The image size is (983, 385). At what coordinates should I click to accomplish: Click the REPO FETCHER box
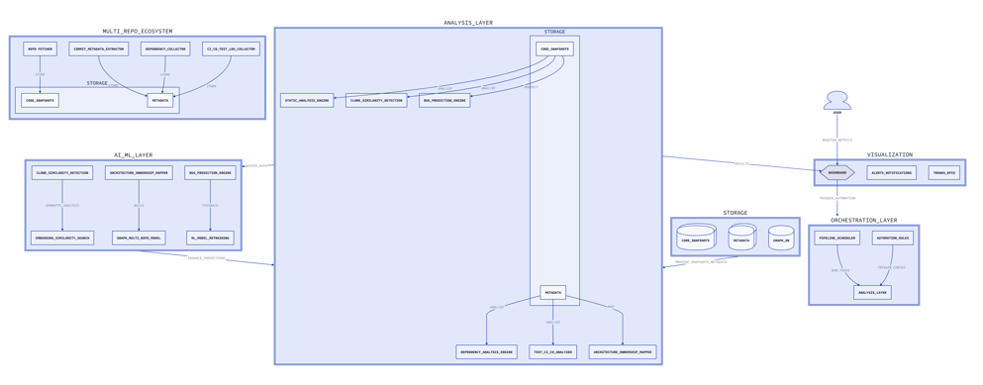40,48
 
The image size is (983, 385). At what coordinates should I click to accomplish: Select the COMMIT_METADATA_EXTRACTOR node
99,48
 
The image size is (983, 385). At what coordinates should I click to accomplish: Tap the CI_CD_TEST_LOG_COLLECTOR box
231,48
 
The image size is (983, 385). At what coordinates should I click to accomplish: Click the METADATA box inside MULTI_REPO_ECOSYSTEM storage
159,101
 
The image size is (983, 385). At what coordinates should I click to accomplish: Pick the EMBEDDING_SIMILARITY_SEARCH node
62,238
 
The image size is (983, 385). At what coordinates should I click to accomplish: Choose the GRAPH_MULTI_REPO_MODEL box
139,238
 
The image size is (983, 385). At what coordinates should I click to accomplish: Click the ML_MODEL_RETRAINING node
210,238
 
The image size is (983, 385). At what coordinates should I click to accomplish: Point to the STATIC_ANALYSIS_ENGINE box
307,100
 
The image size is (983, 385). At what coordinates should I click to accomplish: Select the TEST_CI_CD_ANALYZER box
552,351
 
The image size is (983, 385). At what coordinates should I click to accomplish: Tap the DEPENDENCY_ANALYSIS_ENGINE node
486,351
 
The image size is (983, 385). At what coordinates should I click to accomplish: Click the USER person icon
837,101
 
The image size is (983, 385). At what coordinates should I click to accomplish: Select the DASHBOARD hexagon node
837,172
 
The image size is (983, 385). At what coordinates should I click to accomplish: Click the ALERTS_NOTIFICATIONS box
891,172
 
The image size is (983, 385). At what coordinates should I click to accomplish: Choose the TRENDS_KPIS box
943,172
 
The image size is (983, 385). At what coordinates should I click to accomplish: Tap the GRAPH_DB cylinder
781,240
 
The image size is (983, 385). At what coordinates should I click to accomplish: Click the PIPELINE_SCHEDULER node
837,238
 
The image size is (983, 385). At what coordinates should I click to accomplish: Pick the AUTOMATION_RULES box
892,238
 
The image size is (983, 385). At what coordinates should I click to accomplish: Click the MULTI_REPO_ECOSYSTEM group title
138,32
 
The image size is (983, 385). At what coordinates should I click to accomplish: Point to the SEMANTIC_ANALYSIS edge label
62,206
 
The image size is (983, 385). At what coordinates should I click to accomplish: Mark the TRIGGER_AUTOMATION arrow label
837,198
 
